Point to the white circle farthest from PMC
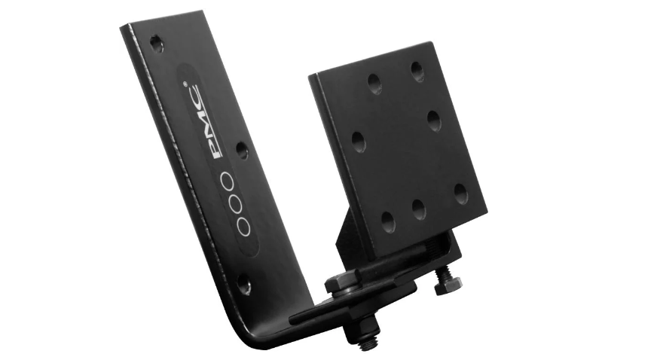coord(244,226)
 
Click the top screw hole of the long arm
coord(157,43)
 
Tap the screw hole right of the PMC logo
coord(242,151)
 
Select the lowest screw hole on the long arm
coord(244,285)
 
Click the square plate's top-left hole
coord(374,83)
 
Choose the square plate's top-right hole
coord(417,70)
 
